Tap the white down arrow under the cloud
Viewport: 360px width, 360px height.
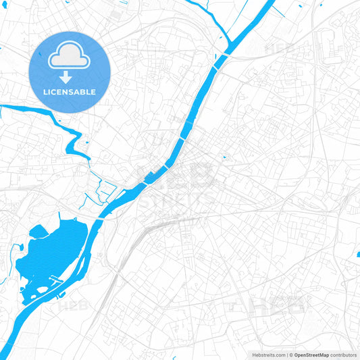pos(66,76)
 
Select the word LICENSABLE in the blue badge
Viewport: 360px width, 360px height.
pos(70,92)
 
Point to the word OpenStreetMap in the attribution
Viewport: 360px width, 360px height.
pos(311,354)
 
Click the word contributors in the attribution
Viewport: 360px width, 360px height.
pos(344,354)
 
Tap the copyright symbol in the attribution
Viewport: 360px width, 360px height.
pos(290,354)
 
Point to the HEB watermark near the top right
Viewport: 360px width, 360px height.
pos(277,49)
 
